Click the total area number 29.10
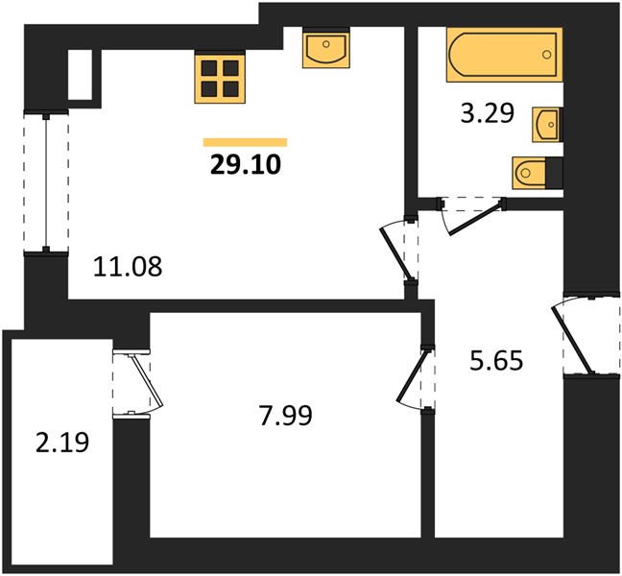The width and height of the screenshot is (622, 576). coord(246,164)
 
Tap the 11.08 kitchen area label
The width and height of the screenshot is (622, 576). coord(128,266)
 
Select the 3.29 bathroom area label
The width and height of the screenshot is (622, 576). coord(487,113)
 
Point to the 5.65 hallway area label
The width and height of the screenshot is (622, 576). coord(496,361)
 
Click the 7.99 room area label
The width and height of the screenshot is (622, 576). coord(286,416)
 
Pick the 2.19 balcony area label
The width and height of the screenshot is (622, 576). coord(62,443)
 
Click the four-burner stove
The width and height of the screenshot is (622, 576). coord(220,78)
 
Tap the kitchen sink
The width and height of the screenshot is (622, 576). coord(326,48)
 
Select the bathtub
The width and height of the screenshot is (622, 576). coord(505,55)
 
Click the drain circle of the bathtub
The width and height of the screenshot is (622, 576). coord(547,55)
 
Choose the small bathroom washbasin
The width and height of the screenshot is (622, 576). coord(547,124)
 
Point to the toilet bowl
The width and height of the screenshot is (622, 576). coord(529,173)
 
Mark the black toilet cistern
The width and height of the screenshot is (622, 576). coord(555,173)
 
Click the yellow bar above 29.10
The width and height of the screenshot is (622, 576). coord(245,142)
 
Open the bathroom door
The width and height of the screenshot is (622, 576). coord(471,215)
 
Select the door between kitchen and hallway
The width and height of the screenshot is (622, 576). coord(398,250)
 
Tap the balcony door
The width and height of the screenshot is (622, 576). coord(137,384)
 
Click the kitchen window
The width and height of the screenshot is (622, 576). coord(46,182)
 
